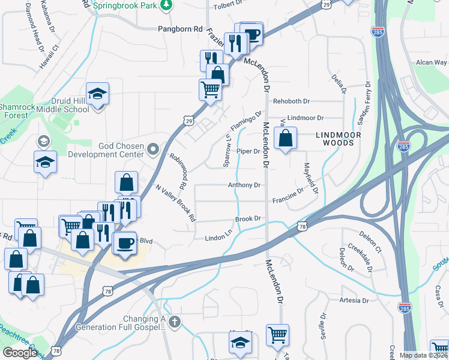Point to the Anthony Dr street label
pyautogui.click(x=244, y=185)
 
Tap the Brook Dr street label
pyautogui.click(x=247, y=219)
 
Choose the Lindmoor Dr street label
pyautogui.click(x=306, y=118)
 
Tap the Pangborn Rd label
pyautogui.click(x=179, y=28)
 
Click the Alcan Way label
pyautogui.click(x=432, y=62)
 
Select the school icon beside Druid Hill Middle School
pyautogui.click(x=97, y=94)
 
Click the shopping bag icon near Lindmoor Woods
pyautogui.click(x=286, y=138)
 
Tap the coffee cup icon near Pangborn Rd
pyautogui.click(x=252, y=33)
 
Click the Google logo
pyautogui.click(x=20, y=353)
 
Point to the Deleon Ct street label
pyautogui.click(x=371, y=237)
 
